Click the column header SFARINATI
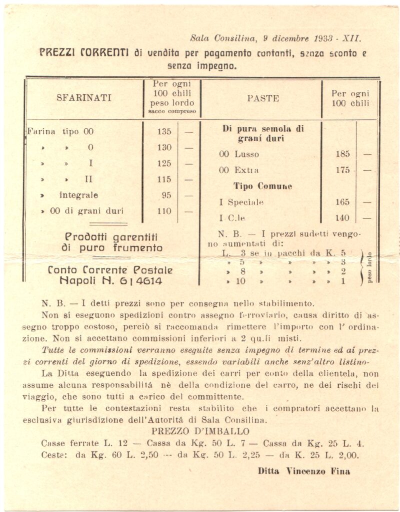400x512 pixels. pyautogui.click(x=84, y=98)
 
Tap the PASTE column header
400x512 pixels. pyautogui.click(x=263, y=98)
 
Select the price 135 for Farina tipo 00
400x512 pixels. pyautogui.click(x=163, y=132)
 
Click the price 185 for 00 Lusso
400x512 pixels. pyautogui.click(x=342, y=154)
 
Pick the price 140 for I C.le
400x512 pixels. pyautogui.click(x=342, y=218)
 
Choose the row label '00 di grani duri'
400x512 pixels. pyautogui.click(x=86, y=211)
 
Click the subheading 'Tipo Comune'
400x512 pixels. pyautogui.click(x=262, y=186)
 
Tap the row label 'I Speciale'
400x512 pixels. pyautogui.click(x=241, y=202)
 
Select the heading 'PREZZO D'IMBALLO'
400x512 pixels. pyautogui.click(x=200, y=431)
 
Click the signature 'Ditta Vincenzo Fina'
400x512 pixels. pyautogui.click(x=303, y=471)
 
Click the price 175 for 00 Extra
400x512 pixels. pyautogui.click(x=342, y=170)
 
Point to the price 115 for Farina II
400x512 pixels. pyautogui.click(x=163, y=179)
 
